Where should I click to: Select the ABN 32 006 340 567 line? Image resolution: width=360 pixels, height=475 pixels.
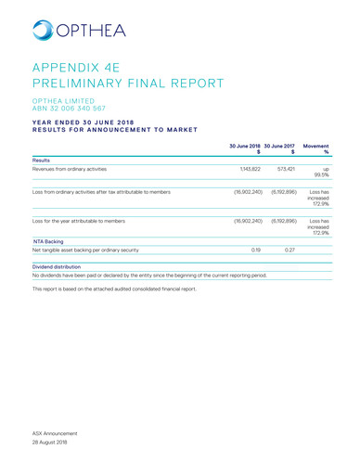tap(76, 108)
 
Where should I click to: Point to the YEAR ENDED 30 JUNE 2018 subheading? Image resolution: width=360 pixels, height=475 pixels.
tap(93, 121)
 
